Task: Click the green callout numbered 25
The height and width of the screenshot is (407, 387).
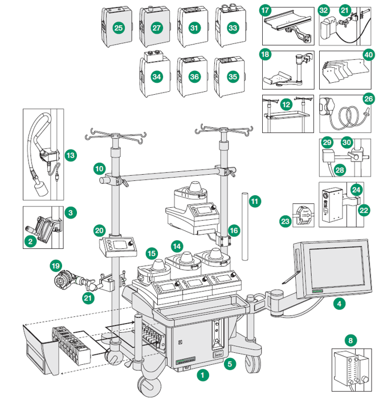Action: pos(119,27)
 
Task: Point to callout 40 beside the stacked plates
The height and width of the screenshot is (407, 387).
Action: pos(369,55)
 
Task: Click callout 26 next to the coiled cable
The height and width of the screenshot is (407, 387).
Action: pos(369,99)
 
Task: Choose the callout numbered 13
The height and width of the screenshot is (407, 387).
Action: pos(71,154)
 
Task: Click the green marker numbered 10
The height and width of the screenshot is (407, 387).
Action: pos(100,169)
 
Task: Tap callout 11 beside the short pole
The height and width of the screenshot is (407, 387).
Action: pos(254,201)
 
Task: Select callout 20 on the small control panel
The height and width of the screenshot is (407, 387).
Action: pos(100,231)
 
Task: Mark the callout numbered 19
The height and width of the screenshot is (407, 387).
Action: pos(55,265)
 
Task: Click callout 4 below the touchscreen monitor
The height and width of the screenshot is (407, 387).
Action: pos(340,304)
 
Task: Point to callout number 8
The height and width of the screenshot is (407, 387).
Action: pos(351,341)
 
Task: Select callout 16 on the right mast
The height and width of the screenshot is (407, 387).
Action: pos(234,230)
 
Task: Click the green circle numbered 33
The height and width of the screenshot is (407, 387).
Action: pos(231,27)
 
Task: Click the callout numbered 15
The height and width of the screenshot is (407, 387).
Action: pos(151,252)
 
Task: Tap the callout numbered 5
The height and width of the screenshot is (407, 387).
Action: pos(230,362)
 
